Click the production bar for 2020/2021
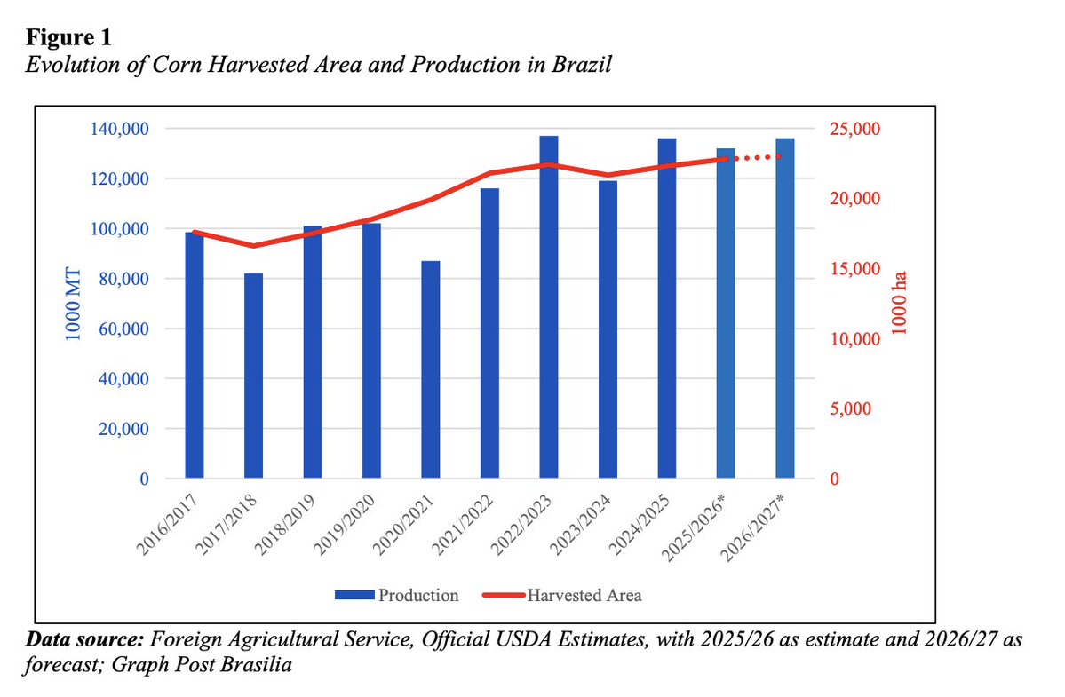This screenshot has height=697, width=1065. (431, 369)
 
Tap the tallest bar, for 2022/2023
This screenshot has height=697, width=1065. (549, 307)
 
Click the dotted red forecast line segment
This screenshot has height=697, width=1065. (756, 158)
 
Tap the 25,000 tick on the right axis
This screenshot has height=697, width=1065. (853, 129)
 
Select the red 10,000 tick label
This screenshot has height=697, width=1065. (853, 339)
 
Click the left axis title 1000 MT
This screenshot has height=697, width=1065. (75, 303)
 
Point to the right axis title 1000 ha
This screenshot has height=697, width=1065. (899, 303)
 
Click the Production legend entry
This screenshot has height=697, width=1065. (397, 596)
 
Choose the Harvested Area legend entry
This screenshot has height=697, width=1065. (561, 596)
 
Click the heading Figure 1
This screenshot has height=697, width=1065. (68, 38)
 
